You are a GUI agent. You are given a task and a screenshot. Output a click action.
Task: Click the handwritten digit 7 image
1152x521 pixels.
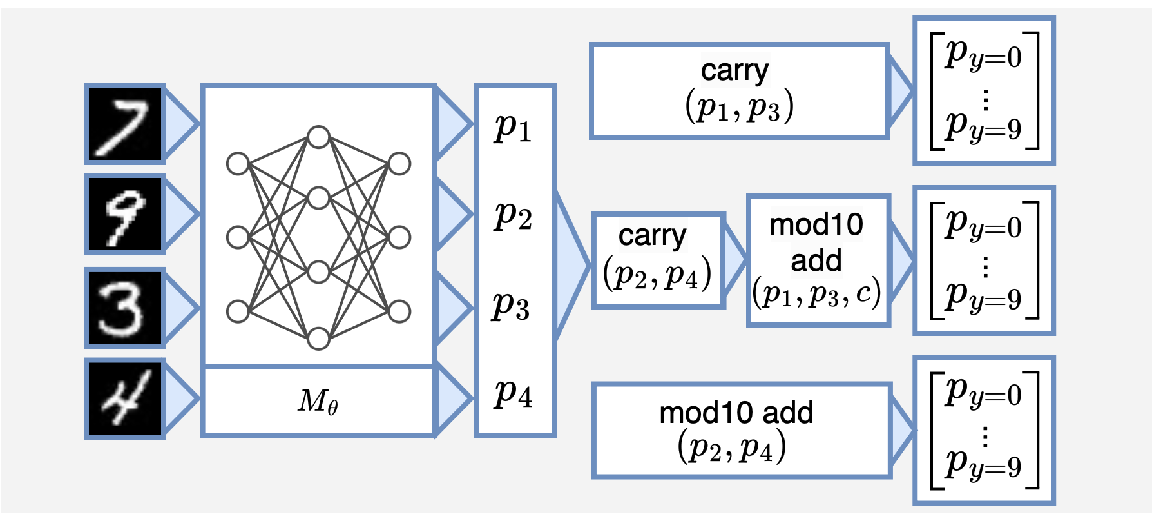[125, 124]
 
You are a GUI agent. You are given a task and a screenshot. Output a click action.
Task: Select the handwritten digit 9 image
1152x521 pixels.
[125, 214]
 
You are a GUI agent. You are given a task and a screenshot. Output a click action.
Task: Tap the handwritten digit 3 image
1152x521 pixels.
[125, 308]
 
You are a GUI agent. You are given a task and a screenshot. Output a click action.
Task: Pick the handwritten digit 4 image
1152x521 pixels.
[125, 398]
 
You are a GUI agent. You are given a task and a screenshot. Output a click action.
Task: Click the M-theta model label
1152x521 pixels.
[318, 402]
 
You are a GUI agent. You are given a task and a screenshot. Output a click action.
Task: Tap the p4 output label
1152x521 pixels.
[514, 393]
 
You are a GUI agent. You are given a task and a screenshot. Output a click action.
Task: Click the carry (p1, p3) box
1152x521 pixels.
[739, 90]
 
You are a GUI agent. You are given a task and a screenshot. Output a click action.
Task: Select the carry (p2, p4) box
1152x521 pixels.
[658, 260]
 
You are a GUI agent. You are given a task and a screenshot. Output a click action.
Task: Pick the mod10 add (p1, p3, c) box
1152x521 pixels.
[818, 260]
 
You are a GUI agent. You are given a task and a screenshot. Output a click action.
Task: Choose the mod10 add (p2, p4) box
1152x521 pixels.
[741, 430]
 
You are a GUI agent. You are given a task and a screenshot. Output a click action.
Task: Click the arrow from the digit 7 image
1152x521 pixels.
[180, 124]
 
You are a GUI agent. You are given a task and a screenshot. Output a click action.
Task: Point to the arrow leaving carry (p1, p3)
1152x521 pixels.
[899, 91]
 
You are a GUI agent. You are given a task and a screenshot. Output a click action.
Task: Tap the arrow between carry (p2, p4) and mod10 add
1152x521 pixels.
[734, 260]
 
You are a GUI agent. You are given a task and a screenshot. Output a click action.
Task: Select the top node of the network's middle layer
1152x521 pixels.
[319, 137]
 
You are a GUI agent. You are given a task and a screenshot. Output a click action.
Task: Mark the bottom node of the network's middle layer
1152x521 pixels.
[319, 338]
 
